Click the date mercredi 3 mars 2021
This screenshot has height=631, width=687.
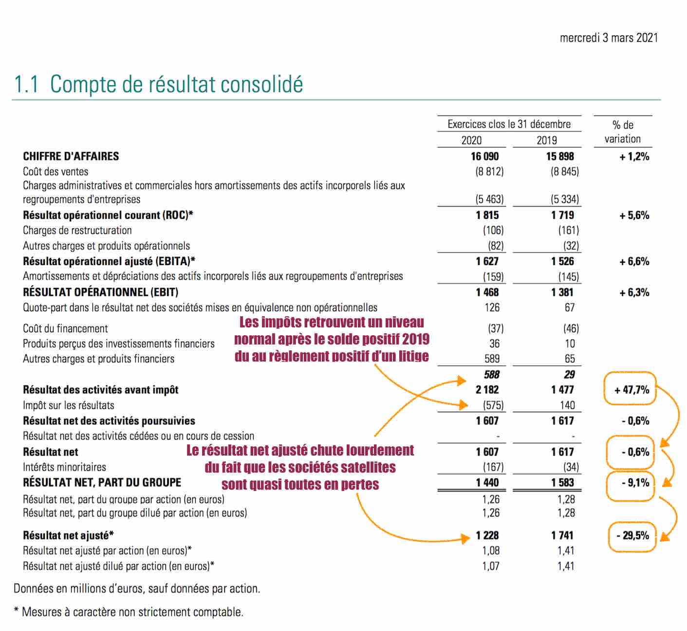point(609,38)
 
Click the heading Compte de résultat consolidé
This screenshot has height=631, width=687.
point(176,84)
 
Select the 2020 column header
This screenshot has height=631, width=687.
point(471,140)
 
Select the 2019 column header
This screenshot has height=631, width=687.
point(547,140)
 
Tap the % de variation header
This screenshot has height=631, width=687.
point(623,132)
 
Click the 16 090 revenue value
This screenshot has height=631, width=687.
point(484,156)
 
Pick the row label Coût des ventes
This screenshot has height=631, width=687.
point(56,172)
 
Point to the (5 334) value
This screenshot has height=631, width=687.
point(565,199)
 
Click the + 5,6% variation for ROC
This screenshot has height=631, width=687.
point(634,215)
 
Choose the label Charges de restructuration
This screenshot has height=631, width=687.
point(77,230)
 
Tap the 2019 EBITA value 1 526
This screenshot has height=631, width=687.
point(562,262)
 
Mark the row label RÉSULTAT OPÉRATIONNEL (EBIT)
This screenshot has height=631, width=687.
point(101,292)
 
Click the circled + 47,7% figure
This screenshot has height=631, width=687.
point(632,390)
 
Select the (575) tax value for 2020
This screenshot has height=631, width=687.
point(493,405)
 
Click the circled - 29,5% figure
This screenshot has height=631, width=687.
point(633,535)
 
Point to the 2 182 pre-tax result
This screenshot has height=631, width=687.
point(487,390)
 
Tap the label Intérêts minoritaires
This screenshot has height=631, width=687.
point(64,467)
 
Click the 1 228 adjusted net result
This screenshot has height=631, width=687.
point(487,535)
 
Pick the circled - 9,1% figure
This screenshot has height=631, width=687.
point(635,482)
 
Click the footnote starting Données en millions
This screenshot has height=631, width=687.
point(137,589)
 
